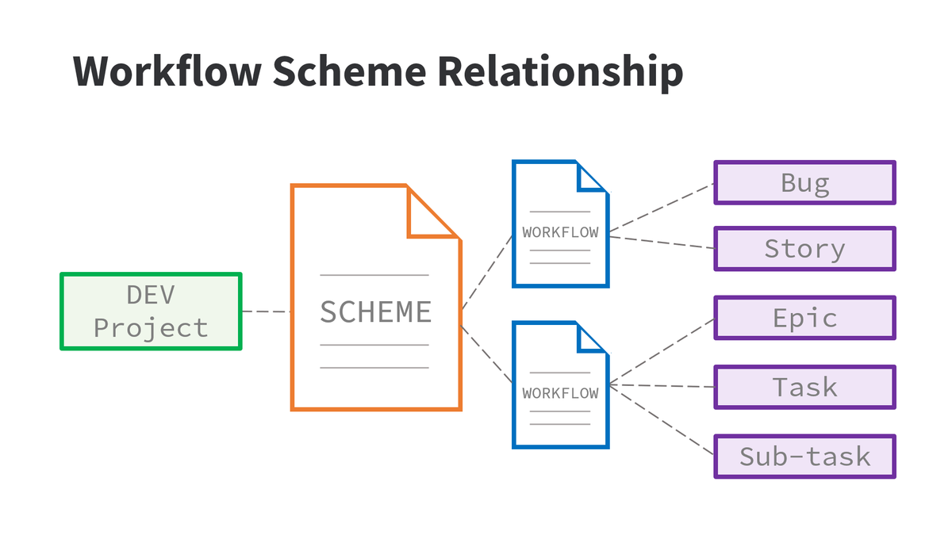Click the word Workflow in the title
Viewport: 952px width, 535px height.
167,71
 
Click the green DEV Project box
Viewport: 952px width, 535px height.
151,311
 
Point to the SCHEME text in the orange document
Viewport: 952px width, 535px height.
375,312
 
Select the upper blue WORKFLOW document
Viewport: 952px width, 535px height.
561,224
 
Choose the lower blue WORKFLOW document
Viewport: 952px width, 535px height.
561,384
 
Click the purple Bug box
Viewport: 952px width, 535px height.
804,182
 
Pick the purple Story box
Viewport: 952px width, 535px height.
804,249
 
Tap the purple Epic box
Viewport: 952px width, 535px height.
804,318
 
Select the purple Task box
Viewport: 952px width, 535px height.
804,387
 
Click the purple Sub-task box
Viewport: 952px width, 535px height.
804,457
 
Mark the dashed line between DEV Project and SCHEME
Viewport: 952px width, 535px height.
267,311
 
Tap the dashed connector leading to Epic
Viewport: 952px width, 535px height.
662,353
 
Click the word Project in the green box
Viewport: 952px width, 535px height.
151,328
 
